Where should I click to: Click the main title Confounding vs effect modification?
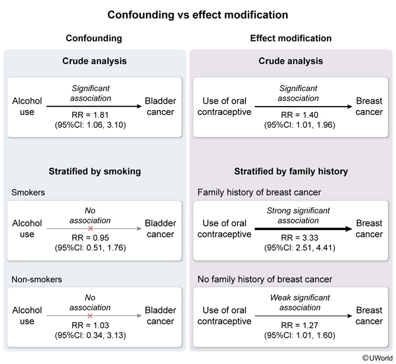pyautogui.click(x=198, y=14)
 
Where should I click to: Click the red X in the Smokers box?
pyautogui.click(x=90, y=228)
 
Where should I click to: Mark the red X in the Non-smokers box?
pyautogui.click(x=90, y=315)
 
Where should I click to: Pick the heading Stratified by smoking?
pyautogui.click(x=94, y=171)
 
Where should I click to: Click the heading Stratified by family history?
pyautogui.click(x=291, y=171)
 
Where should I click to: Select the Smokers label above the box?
pyautogui.click(x=28, y=192)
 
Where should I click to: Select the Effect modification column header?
pyautogui.click(x=291, y=39)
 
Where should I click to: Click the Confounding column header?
pyautogui.click(x=94, y=39)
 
